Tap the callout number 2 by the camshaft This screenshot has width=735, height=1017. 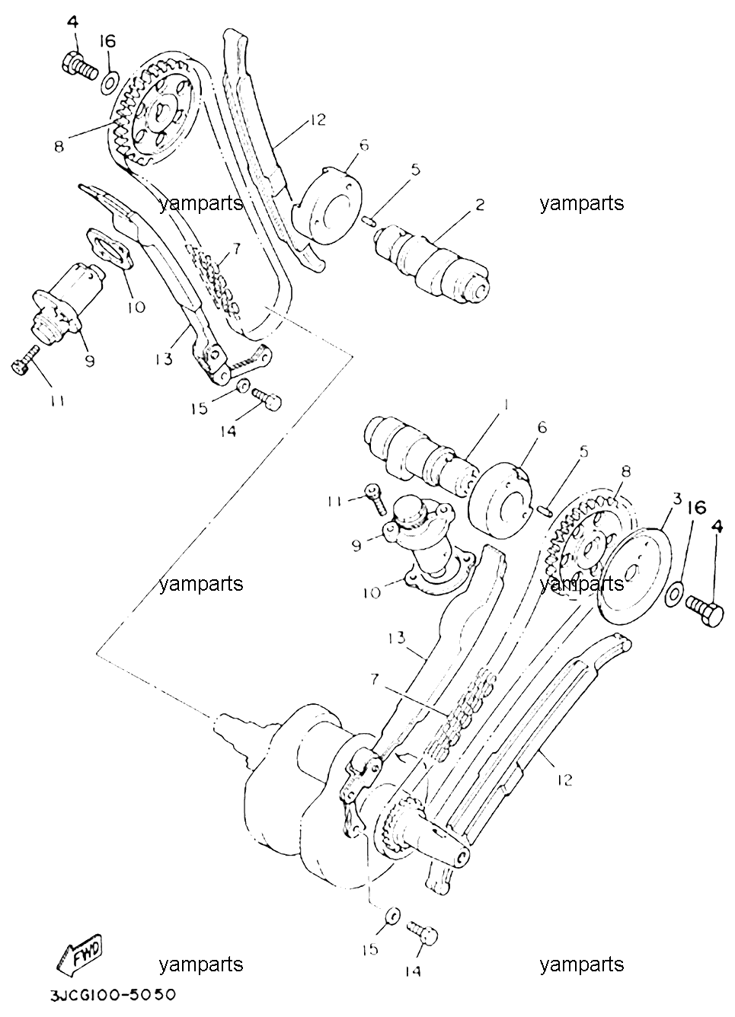(x=480, y=206)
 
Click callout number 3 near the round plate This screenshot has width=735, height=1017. (x=677, y=500)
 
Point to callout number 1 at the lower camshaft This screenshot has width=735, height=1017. (x=506, y=404)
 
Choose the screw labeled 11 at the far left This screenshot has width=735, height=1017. (x=24, y=361)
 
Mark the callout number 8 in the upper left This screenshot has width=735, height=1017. (x=59, y=147)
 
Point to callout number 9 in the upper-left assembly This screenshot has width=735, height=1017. (x=90, y=361)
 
